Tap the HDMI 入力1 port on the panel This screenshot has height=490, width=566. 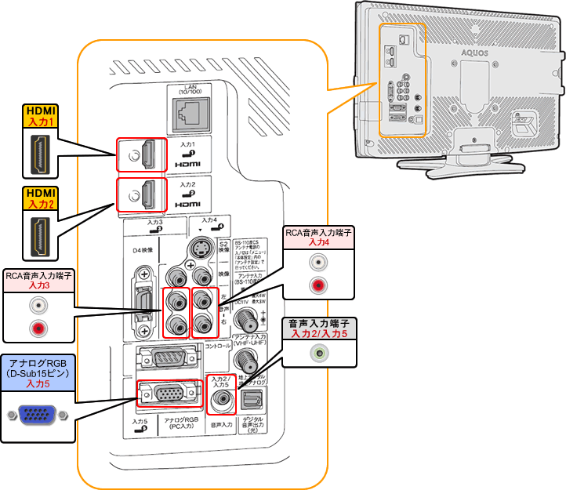(x=142, y=155)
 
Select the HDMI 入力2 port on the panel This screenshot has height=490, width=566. (x=142, y=197)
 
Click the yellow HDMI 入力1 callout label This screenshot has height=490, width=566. (x=38, y=118)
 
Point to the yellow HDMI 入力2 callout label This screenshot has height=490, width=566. (x=38, y=198)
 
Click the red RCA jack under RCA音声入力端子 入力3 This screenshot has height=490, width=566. (x=36, y=329)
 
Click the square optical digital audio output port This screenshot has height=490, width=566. (x=252, y=401)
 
